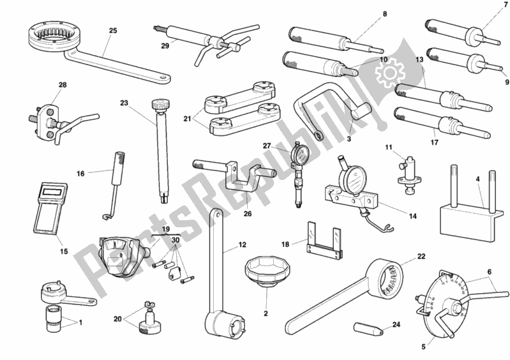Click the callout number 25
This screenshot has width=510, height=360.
coord(113,30)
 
